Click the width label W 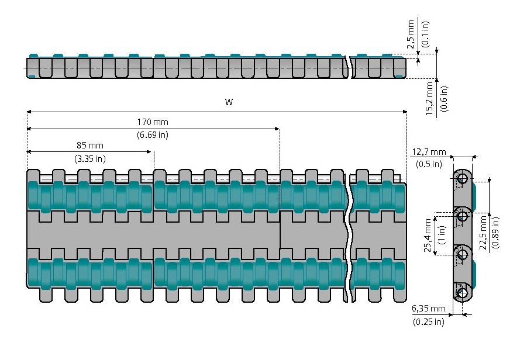[x=229, y=102]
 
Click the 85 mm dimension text [x=89, y=145]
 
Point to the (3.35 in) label [x=89, y=158]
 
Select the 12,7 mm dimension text [x=429, y=152]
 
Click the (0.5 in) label [x=429, y=164]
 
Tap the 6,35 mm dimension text [x=429, y=309]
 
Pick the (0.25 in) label [x=429, y=321]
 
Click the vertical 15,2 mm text [x=429, y=99]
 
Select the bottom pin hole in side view [x=463, y=293]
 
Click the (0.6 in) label [x=443, y=99]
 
